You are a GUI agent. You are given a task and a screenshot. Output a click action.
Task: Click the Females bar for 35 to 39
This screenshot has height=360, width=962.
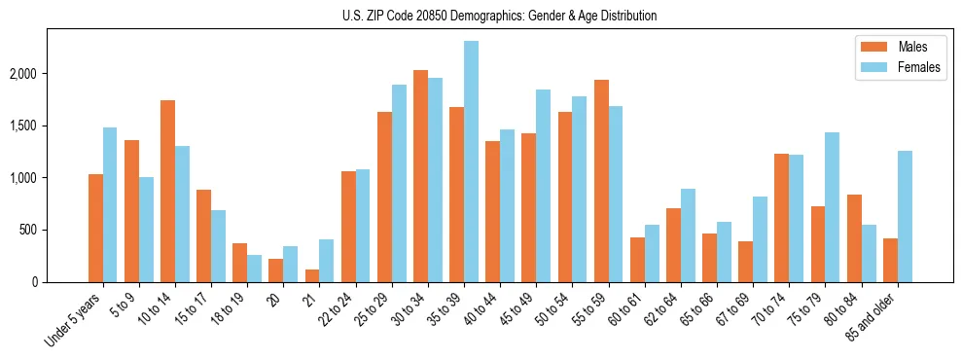pyautogui.click(x=471, y=162)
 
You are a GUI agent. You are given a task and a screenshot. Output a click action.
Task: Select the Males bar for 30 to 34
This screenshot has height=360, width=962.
pyautogui.click(x=420, y=176)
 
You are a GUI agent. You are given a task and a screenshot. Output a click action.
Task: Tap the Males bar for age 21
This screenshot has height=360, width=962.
pyautogui.click(x=312, y=275)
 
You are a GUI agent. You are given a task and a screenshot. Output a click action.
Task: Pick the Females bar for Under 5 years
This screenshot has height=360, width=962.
pyautogui.click(x=110, y=204)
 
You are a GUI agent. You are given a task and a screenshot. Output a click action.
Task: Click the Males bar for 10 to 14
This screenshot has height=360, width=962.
pyautogui.click(x=168, y=191)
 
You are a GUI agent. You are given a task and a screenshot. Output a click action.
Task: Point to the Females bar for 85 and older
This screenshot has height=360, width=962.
pyautogui.click(x=905, y=216)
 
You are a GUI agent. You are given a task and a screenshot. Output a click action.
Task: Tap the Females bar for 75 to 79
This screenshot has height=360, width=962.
pyautogui.click(x=833, y=207)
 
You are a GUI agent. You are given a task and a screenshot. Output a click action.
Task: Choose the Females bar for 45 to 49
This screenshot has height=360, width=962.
pyautogui.click(x=543, y=186)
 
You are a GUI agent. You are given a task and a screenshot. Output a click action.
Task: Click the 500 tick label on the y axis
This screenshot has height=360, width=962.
pyautogui.click(x=56, y=231)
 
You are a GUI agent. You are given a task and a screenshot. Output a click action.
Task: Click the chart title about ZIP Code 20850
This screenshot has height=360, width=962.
pyautogui.click(x=500, y=16)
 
